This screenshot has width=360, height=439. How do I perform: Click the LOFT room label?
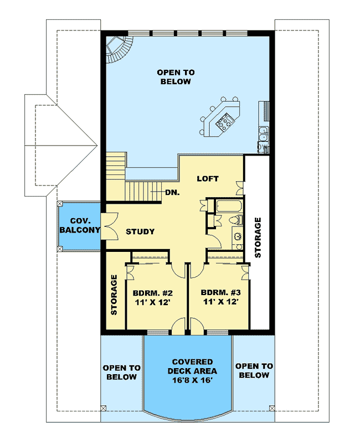208,179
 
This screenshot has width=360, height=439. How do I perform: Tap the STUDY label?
140,231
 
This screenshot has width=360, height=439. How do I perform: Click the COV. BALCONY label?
79,225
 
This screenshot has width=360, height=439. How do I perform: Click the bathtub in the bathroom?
227,208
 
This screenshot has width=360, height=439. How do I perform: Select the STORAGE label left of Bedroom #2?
114,295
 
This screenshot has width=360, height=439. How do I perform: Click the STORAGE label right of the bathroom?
258,237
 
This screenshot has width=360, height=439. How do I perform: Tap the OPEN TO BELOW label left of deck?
122,372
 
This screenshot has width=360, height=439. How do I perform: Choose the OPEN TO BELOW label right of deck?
254,370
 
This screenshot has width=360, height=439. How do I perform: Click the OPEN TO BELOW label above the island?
174,77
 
